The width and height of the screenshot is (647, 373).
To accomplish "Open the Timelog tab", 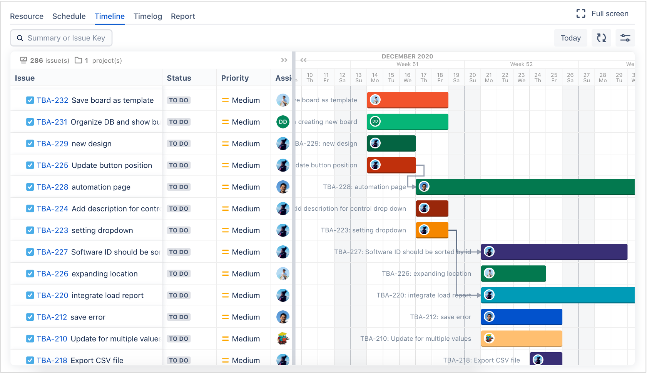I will click(x=147, y=16).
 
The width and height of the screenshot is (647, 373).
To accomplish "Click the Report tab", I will click(x=183, y=16).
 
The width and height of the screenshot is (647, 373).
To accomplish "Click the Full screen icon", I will click(x=581, y=14).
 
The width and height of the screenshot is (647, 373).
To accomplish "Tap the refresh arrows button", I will click(x=601, y=38).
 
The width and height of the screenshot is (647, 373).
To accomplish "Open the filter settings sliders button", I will click(x=625, y=38).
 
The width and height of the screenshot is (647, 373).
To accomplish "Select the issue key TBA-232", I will click(x=52, y=100).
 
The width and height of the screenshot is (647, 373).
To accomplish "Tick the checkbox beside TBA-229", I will click(x=30, y=143).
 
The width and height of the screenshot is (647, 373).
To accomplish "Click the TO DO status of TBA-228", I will click(x=179, y=187).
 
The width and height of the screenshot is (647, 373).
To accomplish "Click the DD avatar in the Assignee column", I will click(x=283, y=122).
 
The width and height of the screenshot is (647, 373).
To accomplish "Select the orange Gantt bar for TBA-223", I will click(x=437, y=230).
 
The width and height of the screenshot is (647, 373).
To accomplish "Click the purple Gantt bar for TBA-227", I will click(x=558, y=252).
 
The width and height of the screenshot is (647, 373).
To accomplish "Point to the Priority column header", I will click(x=235, y=78).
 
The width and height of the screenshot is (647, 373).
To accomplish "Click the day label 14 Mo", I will click(x=375, y=78).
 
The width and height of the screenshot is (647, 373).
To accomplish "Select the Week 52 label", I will click(x=521, y=64).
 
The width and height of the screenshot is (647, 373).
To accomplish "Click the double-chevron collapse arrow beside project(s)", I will click(x=284, y=60).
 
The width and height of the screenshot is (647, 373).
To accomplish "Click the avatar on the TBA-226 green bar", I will click(x=489, y=273).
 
